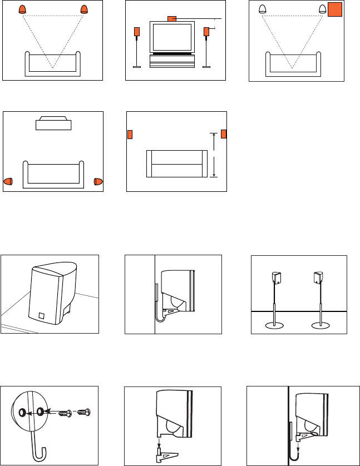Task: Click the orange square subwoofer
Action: click(x=334, y=10)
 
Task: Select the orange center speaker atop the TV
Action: click(x=172, y=18)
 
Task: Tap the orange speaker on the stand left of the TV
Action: click(x=136, y=32)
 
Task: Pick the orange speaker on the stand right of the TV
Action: click(x=206, y=32)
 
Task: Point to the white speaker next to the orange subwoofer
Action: click(x=322, y=9)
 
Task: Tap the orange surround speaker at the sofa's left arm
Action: click(x=8, y=181)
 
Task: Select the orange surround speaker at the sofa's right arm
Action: click(x=98, y=181)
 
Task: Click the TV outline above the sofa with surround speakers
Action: click(x=53, y=123)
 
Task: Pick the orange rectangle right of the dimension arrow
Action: click(x=224, y=134)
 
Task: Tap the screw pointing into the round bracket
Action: click(x=68, y=413)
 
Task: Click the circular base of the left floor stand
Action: click(x=277, y=326)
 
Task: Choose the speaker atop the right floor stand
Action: click(x=319, y=277)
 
